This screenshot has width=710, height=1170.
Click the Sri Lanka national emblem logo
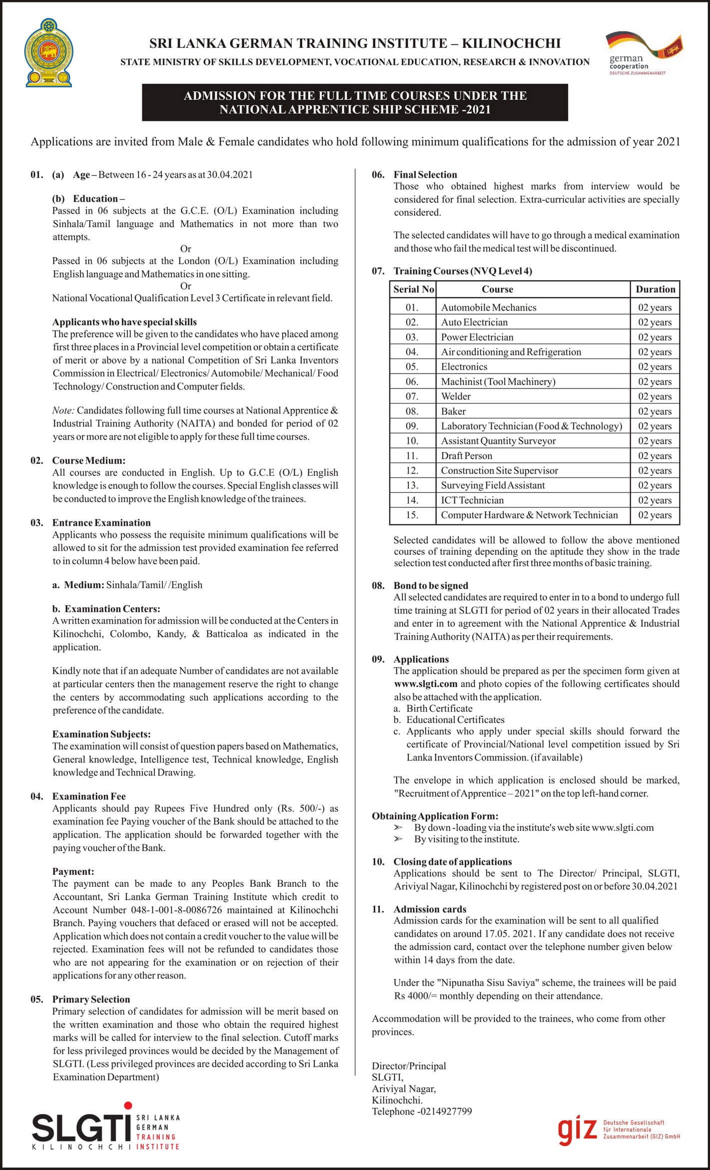pos(48,53)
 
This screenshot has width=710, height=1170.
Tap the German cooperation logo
pos(643,52)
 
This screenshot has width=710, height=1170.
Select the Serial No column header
pos(413,289)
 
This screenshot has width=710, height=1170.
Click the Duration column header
pos(655,289)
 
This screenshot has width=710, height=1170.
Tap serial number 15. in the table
pos(412,515)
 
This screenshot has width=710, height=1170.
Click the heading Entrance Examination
pos(101,523)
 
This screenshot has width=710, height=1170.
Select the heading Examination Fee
pos(88,796)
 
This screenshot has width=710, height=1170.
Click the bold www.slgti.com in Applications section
pos(425,684)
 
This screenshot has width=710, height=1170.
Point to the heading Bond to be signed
pos(431,586)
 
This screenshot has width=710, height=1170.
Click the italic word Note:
pos(63,410)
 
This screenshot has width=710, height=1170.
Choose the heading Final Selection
pos(425,175)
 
